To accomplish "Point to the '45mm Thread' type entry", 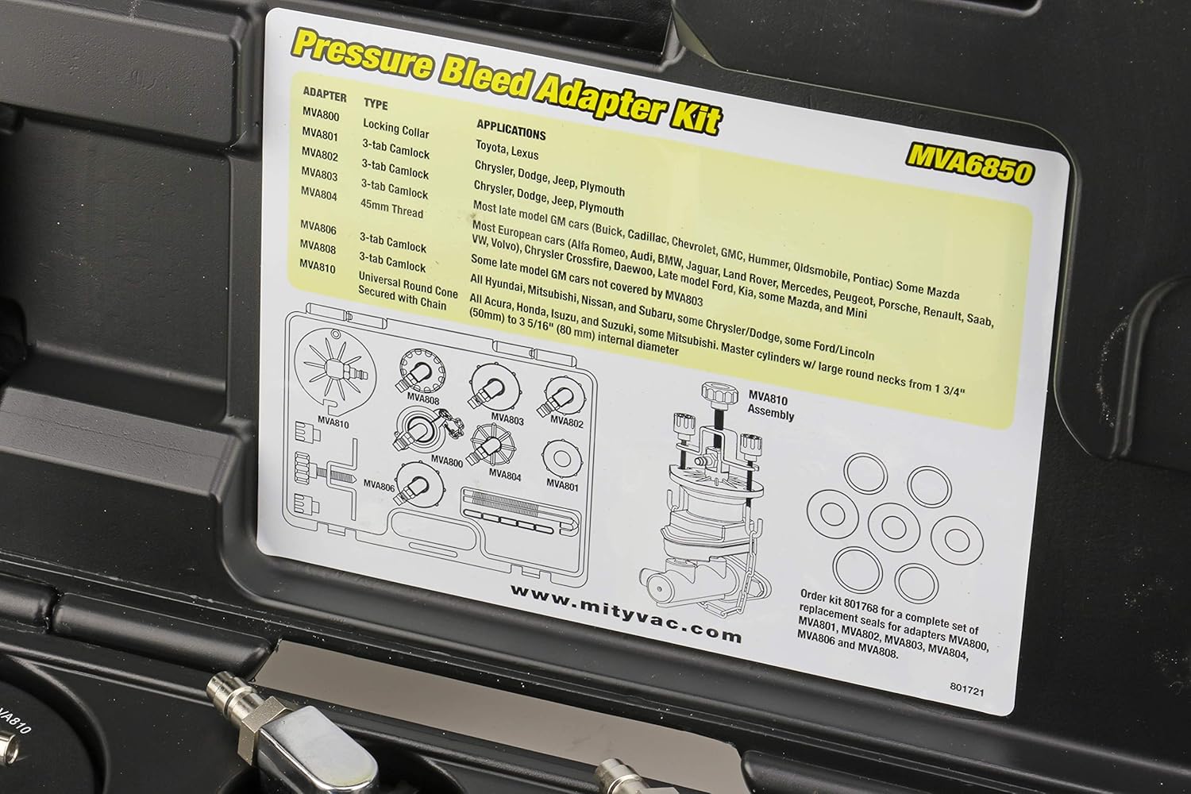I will [x=392, y=212].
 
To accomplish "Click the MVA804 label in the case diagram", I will [x=506, y=474].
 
